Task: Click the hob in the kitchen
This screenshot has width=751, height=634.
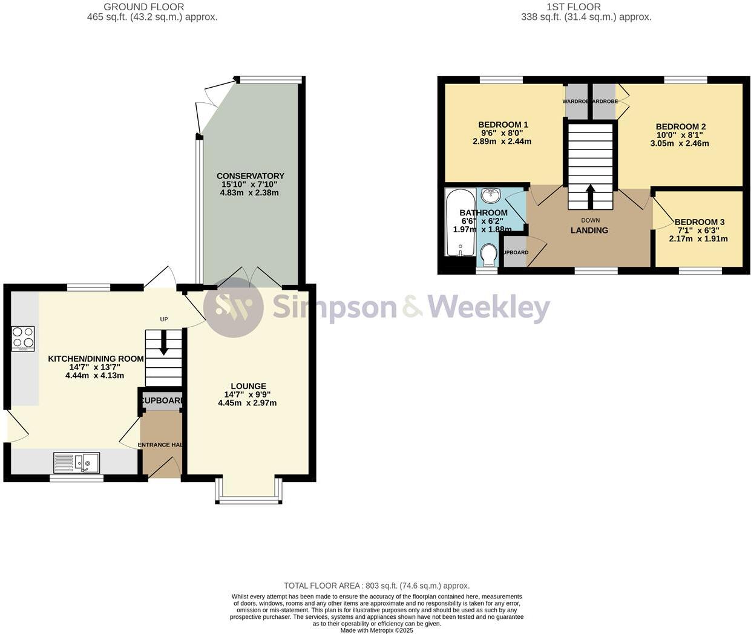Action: tap(23, 339)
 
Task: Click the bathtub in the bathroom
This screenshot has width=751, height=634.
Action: tap(460, 223)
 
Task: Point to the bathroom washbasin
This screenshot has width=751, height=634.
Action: tap(491, 197)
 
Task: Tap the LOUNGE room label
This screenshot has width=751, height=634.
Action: tap(248, 386)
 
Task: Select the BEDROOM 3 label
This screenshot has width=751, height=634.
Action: tap(699, 222)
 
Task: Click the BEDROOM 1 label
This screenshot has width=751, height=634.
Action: tap(503, 125)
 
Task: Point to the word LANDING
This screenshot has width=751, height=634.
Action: tap(589, 230)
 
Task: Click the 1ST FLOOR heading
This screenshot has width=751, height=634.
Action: tap(574, 7)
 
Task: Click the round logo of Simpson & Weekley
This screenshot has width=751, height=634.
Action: tap(233, 307)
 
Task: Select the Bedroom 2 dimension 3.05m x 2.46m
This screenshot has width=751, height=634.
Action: tap(680, 143)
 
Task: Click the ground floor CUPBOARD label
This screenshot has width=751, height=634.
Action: tap(161, 400)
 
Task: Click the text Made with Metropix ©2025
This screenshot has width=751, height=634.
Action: tap(376, 630)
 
